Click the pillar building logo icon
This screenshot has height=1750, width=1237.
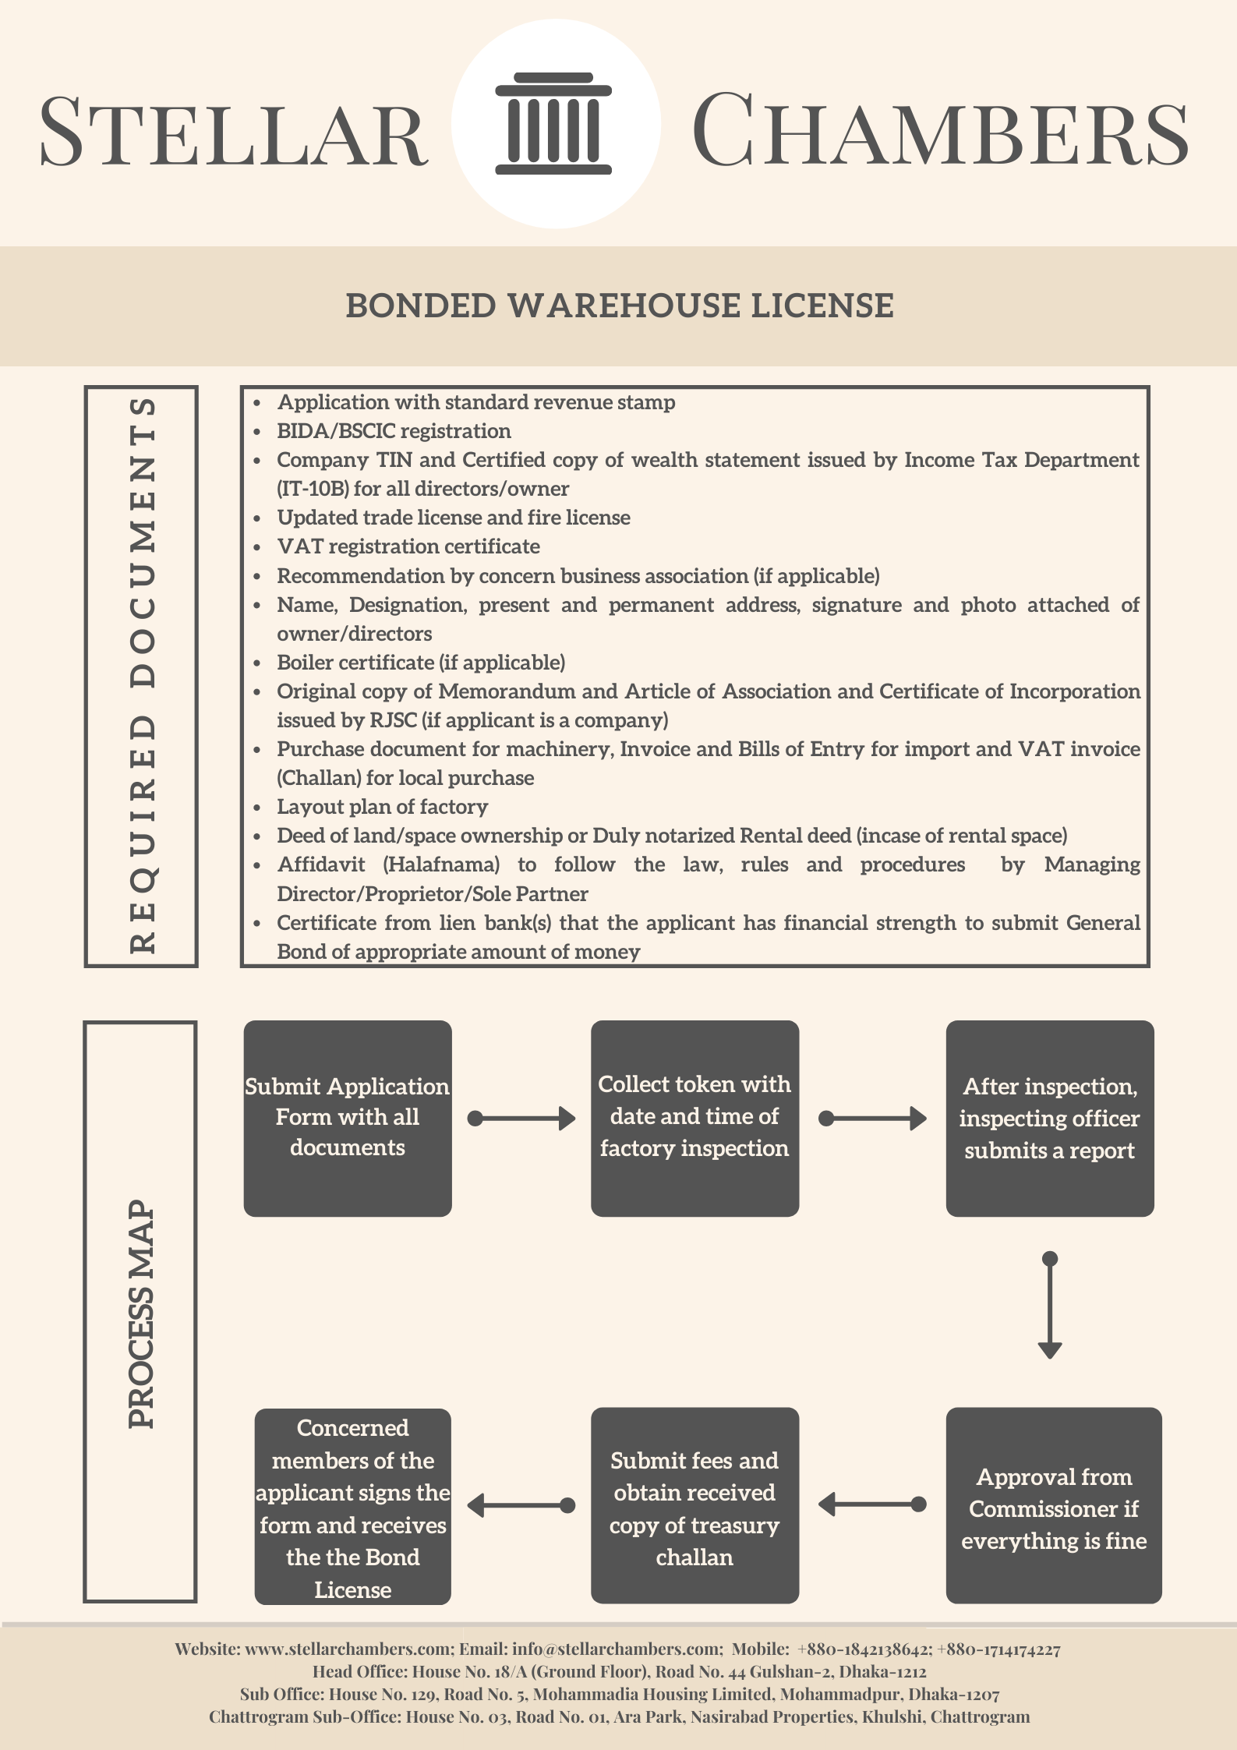point(553,123)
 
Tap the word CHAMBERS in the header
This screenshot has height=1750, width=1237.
point(940,129)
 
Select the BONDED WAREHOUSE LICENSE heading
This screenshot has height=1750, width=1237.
point(620,306)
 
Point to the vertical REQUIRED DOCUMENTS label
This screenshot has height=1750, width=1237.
point(142,676)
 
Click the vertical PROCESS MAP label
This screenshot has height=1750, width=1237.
point(141,1313)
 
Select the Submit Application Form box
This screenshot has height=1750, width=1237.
point(348,1118)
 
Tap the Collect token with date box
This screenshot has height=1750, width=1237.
point(694,1118)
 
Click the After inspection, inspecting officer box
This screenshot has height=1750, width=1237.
point(1050,1118)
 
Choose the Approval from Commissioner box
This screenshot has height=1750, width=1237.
point(1054,1505)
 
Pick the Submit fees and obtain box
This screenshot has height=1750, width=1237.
point(694,1505)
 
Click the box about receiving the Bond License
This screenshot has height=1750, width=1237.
point(353,1506)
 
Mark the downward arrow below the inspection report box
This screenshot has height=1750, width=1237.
point(1050,1305)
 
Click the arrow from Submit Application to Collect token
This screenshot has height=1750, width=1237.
point(521,1119)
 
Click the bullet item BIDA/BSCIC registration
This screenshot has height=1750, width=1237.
point(394,431)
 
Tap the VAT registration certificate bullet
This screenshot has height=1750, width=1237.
point(408,546)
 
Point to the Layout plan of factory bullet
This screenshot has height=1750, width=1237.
point(383,807)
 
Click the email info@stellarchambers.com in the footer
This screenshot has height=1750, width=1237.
point(616,1649)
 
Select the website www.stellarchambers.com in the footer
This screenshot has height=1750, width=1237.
point(348,1649)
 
